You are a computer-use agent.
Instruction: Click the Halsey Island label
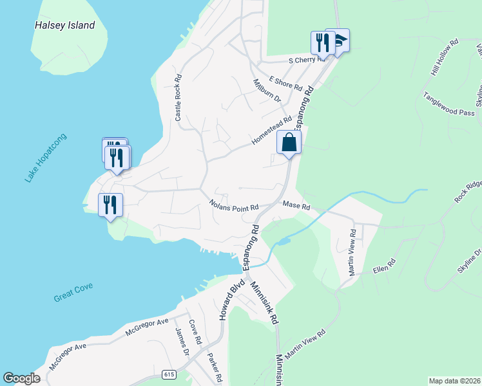64,26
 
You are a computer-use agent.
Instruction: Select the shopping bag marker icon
289,143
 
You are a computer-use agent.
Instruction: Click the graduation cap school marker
338,41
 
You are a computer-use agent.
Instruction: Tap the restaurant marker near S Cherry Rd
321,42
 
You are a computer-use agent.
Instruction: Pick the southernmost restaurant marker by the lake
110,205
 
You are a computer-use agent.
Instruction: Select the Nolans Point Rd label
233,207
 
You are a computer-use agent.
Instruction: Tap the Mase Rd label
296,207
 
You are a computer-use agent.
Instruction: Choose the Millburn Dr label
267,91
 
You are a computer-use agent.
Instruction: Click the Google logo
21,378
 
